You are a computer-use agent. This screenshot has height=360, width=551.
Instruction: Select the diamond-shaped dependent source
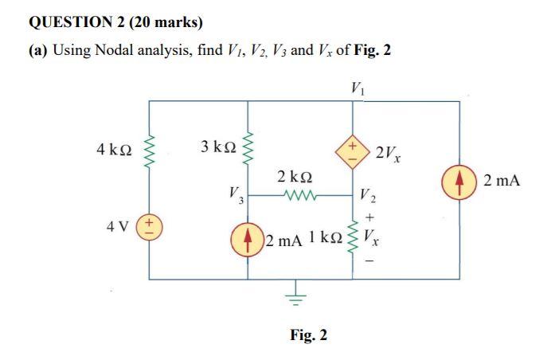(353, 150)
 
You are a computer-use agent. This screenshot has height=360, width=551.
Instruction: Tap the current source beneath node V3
(248, 237)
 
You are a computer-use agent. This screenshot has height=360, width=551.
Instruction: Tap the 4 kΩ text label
(114, 149)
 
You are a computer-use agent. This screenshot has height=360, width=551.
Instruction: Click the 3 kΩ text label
(217, 147)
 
